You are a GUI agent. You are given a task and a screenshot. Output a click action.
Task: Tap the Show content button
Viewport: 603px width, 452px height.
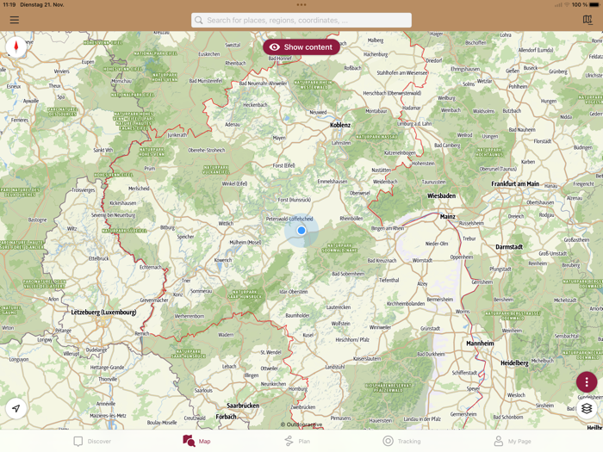pyautogui.click(x=301, y=47)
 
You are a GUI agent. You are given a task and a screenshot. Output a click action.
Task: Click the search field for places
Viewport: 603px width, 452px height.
pyautogui.click(x=301, y=20)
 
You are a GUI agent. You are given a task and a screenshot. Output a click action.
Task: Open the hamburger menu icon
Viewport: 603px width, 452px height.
pyautogui.click(x=15, y=20)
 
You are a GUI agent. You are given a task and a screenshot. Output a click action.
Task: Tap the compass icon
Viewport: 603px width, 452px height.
pyautogui.click(x=16, y=46)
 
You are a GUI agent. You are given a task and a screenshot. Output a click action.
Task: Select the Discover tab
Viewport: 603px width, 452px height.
pyautogui.click(x=92, y=441)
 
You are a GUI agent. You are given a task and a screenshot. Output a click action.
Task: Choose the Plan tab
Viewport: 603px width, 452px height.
pyautogui.click(x=297, y=441)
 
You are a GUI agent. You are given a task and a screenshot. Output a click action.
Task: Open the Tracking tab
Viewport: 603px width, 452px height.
pyautogui.click(x=401, y=441)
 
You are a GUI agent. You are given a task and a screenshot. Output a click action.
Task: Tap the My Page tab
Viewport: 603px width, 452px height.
pyautogui.click(x=512, y=441)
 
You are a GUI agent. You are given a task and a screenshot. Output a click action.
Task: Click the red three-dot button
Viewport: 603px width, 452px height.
pyautogui.click(x=587, y=382)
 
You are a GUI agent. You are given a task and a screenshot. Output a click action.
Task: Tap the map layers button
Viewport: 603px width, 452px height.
pyautogui.click(x=587, y=408)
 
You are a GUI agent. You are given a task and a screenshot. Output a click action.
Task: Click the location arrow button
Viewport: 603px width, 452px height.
pyautogui.click(x=16, y=408)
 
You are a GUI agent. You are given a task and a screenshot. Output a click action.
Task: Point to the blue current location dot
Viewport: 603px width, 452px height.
pyautogui.click(x=301, y=231)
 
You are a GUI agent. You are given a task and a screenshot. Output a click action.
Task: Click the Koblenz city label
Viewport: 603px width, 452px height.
pyautogui.click(x=340, y=125)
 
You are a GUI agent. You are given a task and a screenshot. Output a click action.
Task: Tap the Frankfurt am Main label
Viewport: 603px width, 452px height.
pyautogui.click(x=515, y=183)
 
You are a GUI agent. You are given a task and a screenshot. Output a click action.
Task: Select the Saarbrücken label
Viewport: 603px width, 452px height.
pyautogui.click(x=243, y=406)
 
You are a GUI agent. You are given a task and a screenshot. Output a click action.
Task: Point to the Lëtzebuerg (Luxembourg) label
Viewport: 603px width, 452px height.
pyautogui.click(x=103, y=313)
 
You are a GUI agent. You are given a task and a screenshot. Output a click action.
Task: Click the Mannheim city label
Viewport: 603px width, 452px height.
pyautogui.click(x=480, y=344)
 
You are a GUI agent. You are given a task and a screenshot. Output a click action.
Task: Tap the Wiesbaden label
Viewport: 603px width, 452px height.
pyautogui.click(x=441, y=196)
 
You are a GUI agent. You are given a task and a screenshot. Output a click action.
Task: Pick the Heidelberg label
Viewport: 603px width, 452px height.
pyautogui.click(x=514, y=363)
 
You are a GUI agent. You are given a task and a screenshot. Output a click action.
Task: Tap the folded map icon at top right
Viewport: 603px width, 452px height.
pyautogui.click(x=587, y=20)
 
